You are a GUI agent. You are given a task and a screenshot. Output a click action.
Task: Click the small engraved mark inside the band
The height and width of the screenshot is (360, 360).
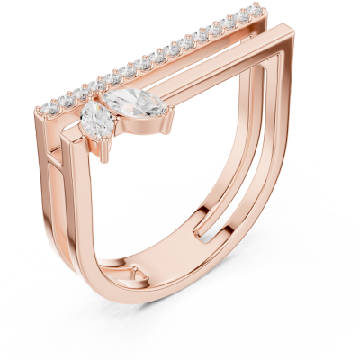click(x=135, y=271)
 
